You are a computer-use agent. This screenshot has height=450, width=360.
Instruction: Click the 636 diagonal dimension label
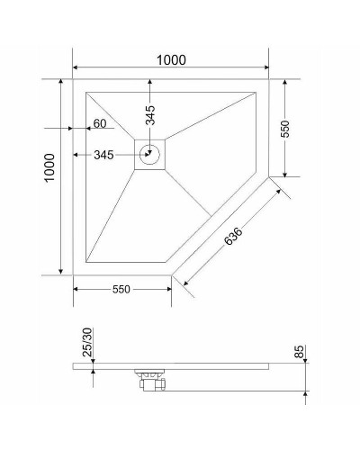coord(232,237)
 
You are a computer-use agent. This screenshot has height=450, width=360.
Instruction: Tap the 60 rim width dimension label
coord(99,123)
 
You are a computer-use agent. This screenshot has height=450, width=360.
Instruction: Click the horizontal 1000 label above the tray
coord(170,60)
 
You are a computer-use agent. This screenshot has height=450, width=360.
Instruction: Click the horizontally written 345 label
coord(104,155)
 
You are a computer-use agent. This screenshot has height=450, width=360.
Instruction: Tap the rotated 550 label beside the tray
coord(285,128)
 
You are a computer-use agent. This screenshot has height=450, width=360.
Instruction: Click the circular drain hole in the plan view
coord(150,154)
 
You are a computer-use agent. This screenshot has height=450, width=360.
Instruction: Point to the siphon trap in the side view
coord(149,382)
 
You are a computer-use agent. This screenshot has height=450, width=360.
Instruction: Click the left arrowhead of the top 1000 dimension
coord(76,69)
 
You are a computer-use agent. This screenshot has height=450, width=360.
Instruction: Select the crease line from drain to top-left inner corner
coord(112,117)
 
